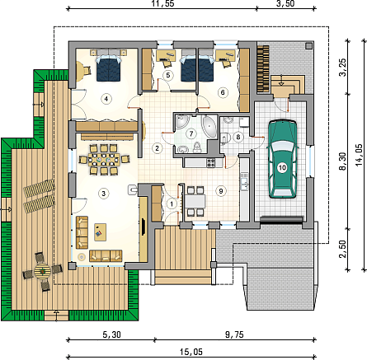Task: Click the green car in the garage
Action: tap(283, 158)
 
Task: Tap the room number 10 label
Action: tap(283, 168)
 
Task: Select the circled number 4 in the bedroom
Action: tap(106, 99)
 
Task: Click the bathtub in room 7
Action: tap(209, 126)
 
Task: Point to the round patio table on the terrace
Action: tap(43, 271)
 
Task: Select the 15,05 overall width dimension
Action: tap(191, 352)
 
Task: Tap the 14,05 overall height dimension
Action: tap(359, 156)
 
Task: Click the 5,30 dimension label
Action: tap(112, 334)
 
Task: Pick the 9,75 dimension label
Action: tap(234, 334)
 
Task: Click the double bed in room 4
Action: tap(109, 68)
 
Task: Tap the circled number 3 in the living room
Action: tap(104, 194)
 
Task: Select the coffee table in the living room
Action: tap(101, 232)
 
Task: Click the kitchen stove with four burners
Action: tap(211, 163)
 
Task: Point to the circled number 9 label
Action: tap(221, 191)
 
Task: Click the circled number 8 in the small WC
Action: tap(238, 137)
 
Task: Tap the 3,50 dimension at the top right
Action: tap(286, 3)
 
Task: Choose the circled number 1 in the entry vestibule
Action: tap(172, 204)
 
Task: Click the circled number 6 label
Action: tap(223, 92)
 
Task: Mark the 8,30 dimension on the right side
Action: tap(342, 161)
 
